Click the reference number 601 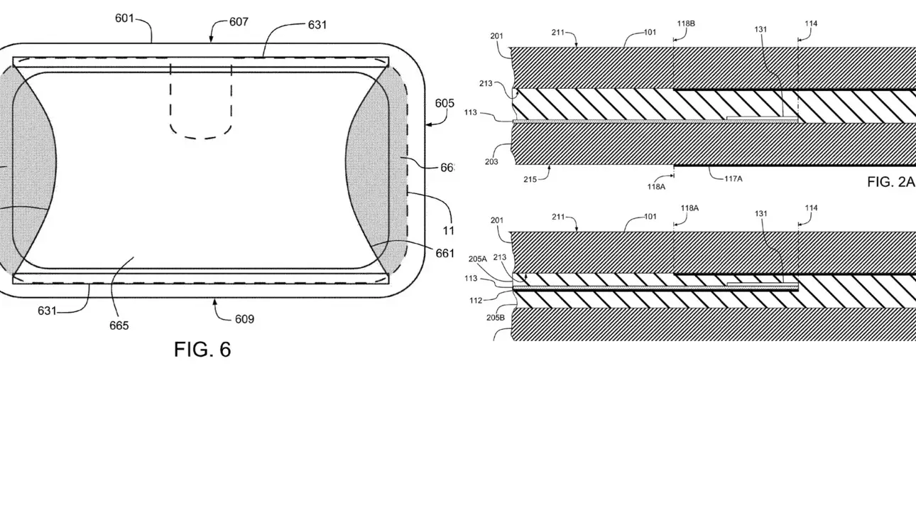tap(125, 18)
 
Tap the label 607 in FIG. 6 tap(239, 21)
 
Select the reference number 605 tap(445, 103)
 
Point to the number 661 tap(445, 254)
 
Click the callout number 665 tap(119, 326)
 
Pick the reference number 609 tap(244, 319)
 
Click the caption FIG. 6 tap(202, 349)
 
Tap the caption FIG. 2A tap(890, 182)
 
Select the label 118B tap(686, 23)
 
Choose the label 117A tap(734, 179)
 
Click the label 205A tap(497, 259)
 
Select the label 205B tap(496, 318)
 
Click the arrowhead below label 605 tap(428, 124)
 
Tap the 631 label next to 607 tap(317, 25)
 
